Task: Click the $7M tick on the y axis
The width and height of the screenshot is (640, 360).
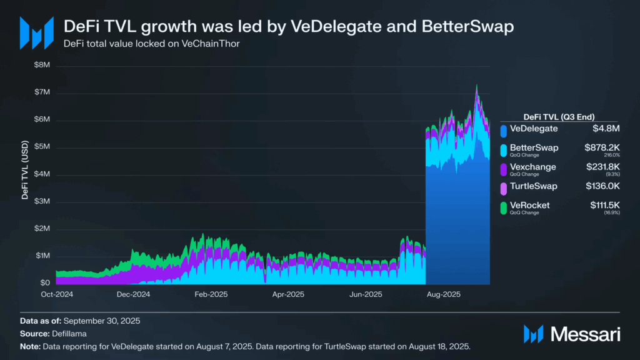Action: coord(42,92)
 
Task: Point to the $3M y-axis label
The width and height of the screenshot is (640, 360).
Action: coord(42,201)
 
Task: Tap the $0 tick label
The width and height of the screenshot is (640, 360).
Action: coord(45,282)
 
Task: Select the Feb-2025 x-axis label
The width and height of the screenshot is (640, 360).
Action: coord(211,294)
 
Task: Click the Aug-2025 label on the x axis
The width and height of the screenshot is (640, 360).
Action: coord(443,294)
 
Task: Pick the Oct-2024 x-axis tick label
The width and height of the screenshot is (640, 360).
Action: coord(57,294)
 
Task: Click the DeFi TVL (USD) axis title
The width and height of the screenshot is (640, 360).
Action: coord(25,170)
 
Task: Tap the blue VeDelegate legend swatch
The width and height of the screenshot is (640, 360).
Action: coord(504,131)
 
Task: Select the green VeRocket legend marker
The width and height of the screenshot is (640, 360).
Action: coord(504,207)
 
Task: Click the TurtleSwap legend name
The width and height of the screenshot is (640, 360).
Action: coord(534,186)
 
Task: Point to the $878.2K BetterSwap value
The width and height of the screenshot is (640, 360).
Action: coord(602,147)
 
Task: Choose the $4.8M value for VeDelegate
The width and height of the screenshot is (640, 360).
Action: coord(606,129)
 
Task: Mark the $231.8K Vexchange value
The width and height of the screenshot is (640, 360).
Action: coord(603,167)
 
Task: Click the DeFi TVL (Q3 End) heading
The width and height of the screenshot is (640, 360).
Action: coord(559,117)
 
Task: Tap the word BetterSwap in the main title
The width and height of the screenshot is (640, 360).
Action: coord(467,26)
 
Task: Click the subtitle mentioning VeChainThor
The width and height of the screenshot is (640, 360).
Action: coord(151,44)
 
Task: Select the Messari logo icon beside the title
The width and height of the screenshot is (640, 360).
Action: coord(37,32)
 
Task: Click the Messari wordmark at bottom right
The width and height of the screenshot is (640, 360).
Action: coord(585,334)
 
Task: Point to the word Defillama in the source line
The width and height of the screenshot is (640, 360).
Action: coord(69,334)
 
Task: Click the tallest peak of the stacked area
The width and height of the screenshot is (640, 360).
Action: coord(476,85)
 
